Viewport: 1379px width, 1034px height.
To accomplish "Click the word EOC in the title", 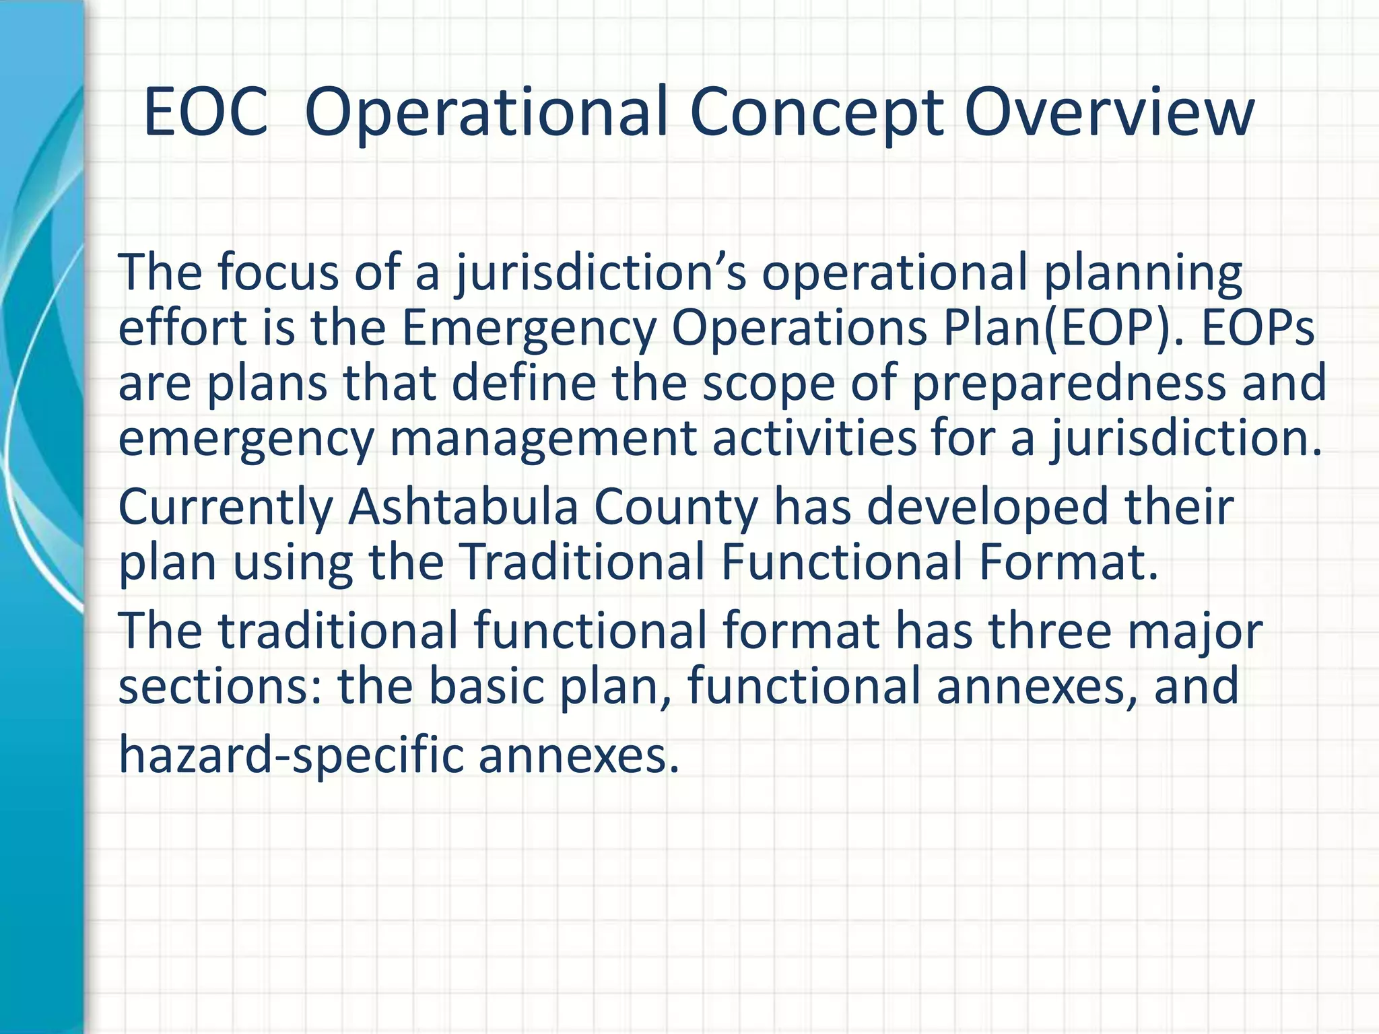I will [x=205, y=112].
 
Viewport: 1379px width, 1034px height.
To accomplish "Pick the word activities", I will [x=814, y=439].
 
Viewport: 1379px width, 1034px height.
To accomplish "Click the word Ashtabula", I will [x=463, y=508].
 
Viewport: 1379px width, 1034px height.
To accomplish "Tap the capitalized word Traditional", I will [x=582, y=563].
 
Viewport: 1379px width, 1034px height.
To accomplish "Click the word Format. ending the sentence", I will [x=1068, y=563].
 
